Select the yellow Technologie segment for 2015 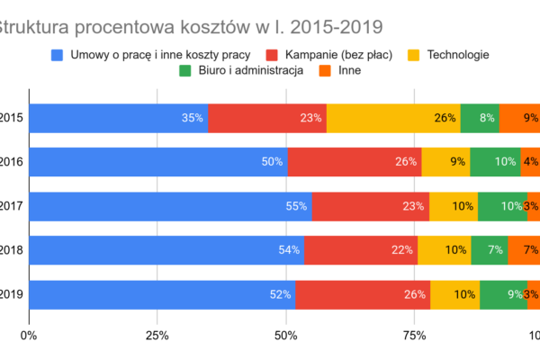[393, 118]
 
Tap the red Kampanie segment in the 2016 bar [354, 162]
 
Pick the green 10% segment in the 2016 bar [495, 162]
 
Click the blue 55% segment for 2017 [171, 206]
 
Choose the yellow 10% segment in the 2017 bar [454, 206]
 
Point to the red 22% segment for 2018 [360, 250]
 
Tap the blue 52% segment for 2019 [162, 294]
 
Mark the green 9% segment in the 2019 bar [503, 294]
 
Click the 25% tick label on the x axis [157, 337]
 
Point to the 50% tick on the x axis [286, 337]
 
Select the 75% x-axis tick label [415, 337]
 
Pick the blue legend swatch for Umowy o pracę [59, 55]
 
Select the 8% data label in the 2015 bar [487, 118]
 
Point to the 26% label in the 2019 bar [415, 294]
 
